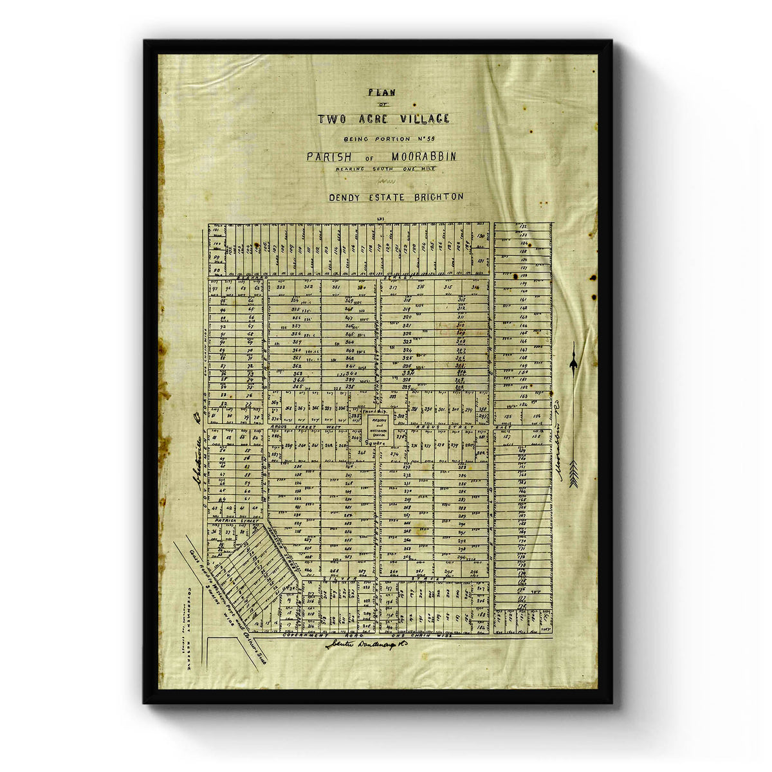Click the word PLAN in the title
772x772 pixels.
click(x=381, y=92)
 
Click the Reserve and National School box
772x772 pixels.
click(x=374, y=427)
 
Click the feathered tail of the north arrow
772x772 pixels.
click(x=572, y=473)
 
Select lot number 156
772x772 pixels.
click(x=538, y=417)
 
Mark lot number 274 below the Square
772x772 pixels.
click(x=394, y=454)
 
